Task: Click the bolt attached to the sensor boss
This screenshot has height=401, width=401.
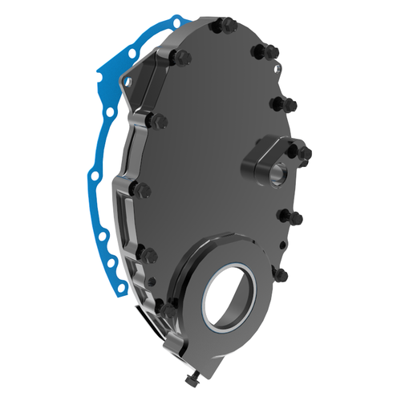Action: [x=306, y=153]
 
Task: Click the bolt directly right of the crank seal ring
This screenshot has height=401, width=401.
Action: [x=281, y=273]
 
